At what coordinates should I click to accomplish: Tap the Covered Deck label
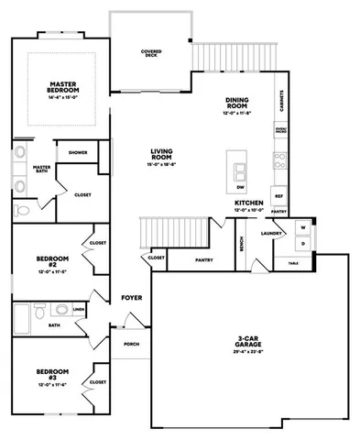point(152,53)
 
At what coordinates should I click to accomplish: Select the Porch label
point(130,344)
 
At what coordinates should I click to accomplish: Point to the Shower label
point(78,153)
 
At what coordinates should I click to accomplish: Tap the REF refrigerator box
point(279,194)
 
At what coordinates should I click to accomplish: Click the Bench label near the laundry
point(241,244)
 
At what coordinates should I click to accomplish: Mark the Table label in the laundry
point(293,263)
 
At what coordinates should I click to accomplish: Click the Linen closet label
point(80,311)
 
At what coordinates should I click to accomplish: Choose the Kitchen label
point(248,203)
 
